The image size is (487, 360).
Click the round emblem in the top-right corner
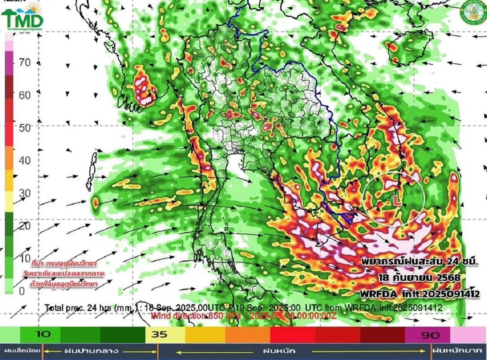[472, 12]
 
